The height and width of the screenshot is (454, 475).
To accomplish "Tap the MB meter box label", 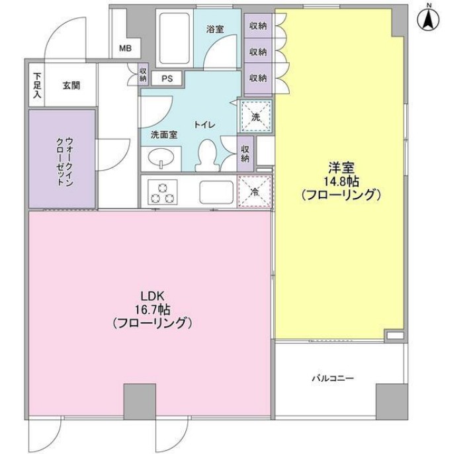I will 125,48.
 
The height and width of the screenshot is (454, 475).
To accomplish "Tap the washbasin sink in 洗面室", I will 160,159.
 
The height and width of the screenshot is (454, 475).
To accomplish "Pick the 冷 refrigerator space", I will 255,193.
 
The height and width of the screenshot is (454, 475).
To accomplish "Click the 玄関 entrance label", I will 71,85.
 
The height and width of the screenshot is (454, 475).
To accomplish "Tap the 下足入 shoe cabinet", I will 37,85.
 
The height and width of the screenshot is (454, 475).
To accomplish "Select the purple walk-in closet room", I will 63,158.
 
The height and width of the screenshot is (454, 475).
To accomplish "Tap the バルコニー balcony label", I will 333,379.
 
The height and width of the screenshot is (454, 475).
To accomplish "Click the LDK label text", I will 151,295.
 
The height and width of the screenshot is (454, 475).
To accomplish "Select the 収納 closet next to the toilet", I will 245,154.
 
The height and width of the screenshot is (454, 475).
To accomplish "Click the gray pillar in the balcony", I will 391,400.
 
